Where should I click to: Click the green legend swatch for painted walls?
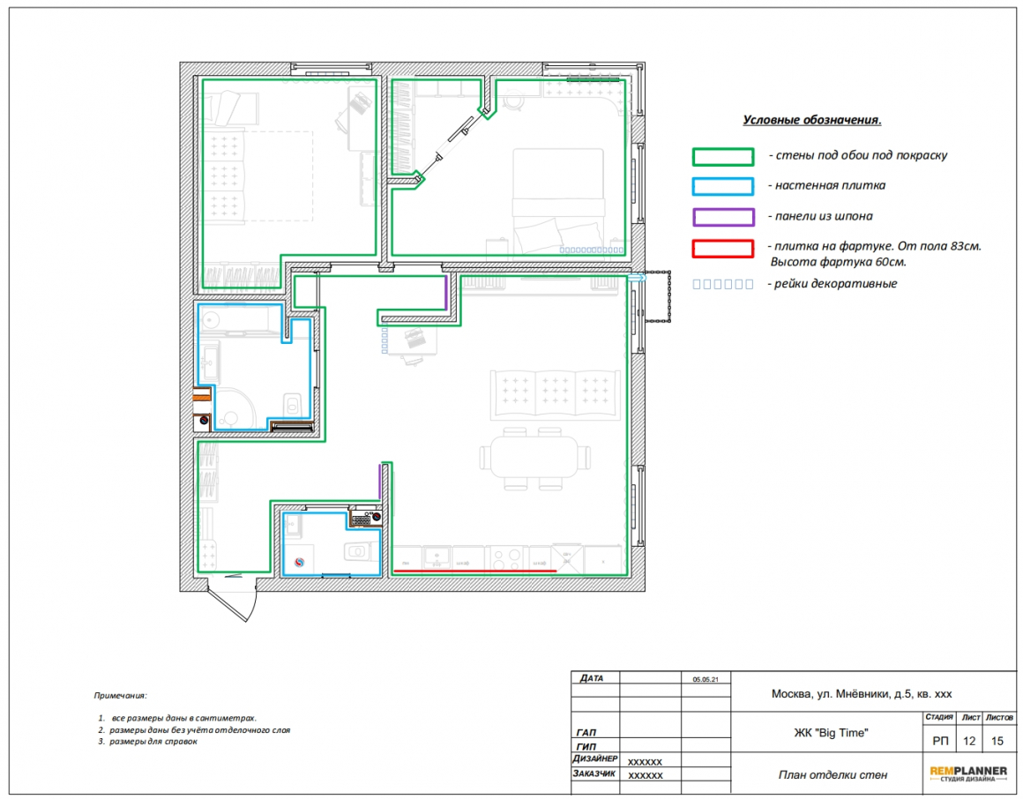point(723,157)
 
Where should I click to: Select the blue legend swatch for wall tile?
point(723,187)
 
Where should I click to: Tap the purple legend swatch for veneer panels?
point(723,217)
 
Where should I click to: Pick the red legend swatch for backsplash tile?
point(723,249)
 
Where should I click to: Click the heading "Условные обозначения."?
point(811,120)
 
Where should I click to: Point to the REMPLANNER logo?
point(968,773)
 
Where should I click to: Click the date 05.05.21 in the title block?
point(706,679)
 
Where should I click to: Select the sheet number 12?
point(969,741)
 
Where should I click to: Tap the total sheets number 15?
point(997,741)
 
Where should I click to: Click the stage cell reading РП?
point(940,741)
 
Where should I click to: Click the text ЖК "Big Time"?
point(831,733)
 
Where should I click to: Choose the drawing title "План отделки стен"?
point(833,775)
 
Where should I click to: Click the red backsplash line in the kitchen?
point(475,571)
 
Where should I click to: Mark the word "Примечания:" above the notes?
point(120,695)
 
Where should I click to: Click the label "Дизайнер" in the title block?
point(595,758)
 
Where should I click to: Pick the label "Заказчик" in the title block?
point(594,773)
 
